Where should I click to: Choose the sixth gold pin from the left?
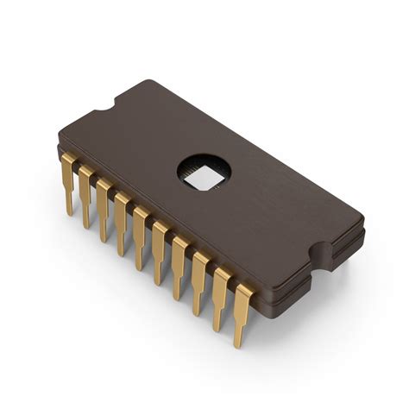coord(160,248)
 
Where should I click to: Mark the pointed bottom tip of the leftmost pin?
coord(68,214)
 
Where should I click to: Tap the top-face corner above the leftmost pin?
coord(59,143)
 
